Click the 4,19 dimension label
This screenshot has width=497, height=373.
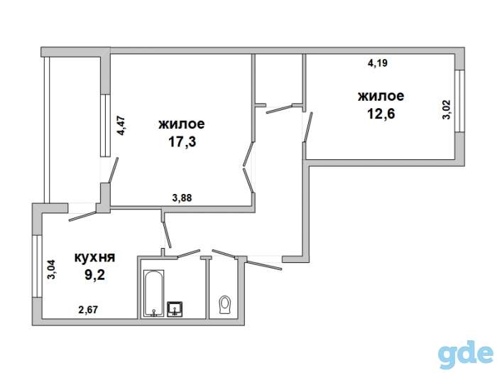(x=377, y=63)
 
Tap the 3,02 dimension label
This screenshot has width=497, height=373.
(x=447, y=109)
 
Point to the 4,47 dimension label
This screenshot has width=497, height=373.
(x=121, y=126)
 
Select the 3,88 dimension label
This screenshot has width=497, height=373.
(x=182, y=198)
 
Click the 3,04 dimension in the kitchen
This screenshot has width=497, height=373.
(x=51, y=269)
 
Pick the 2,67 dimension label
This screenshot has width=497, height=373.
(x=88, y=309)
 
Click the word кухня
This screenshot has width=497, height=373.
(x=94, y=257)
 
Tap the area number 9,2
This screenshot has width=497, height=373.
(x=94, y=276)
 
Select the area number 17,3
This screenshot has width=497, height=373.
(x=182, y=141)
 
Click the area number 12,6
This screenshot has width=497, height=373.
(x=381, y=114)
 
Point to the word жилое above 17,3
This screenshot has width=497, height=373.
(x=182, y=124)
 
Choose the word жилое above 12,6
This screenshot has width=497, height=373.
(x=381, y=96)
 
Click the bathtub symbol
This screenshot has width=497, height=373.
(x=154, y=293)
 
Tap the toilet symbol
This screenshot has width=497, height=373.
(x=225, y=305)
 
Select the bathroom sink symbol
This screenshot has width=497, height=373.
(x=175, y=309)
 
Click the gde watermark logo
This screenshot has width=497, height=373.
(x=466, y=355)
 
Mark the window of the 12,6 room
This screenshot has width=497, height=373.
(x=459, y=101)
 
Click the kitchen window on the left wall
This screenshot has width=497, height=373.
(x=38, y=266)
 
